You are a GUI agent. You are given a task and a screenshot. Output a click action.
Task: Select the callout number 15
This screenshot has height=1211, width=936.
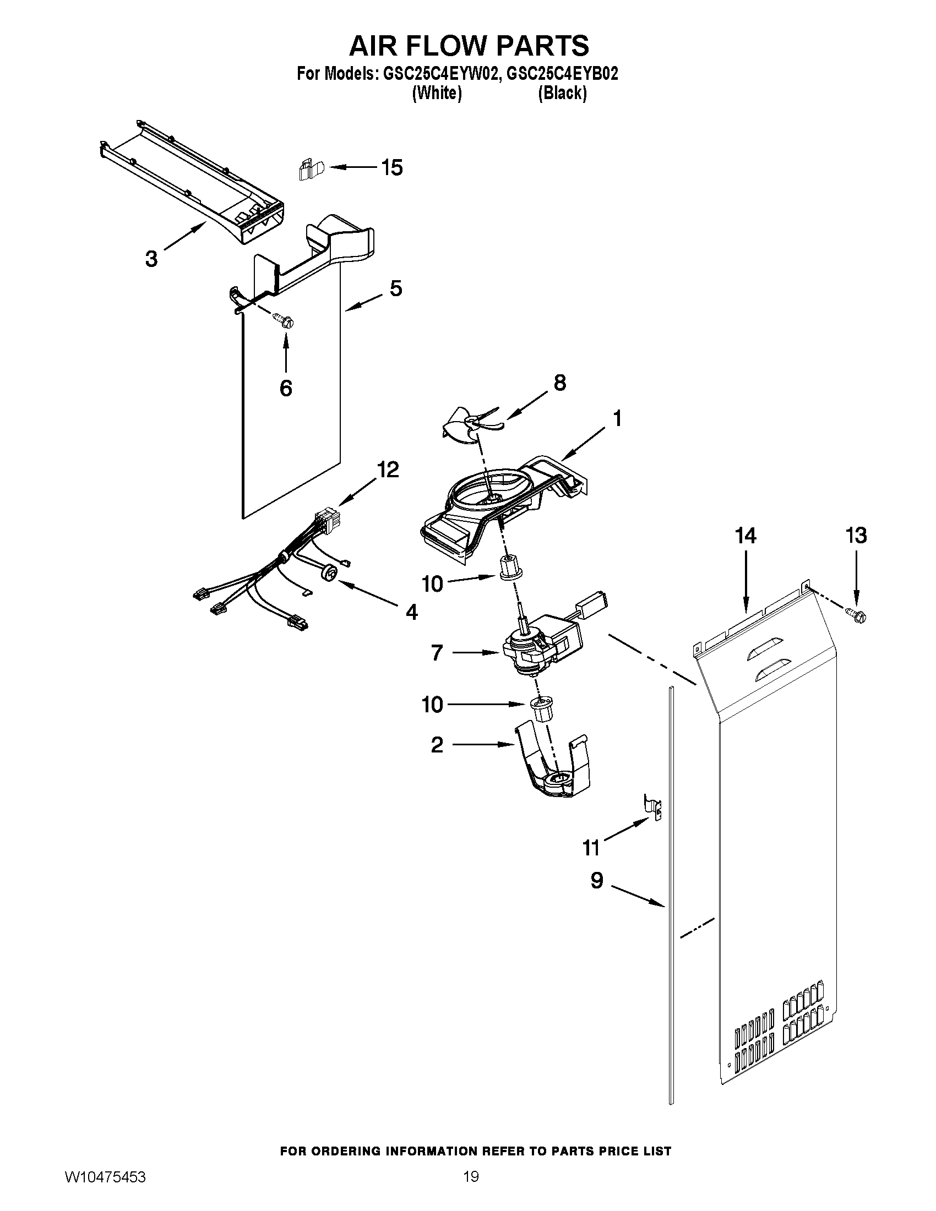392,167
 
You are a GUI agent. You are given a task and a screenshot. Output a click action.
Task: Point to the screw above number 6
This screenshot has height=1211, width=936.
284,320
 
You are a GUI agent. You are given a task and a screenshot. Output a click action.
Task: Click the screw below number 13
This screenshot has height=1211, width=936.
857,617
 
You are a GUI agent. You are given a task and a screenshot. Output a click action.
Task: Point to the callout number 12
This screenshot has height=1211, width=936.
388,470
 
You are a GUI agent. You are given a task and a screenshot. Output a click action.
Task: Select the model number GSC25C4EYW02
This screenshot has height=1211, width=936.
438,74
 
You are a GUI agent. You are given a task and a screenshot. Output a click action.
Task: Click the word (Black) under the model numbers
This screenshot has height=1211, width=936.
562,93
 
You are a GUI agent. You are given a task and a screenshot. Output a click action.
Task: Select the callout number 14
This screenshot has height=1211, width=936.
745,536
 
